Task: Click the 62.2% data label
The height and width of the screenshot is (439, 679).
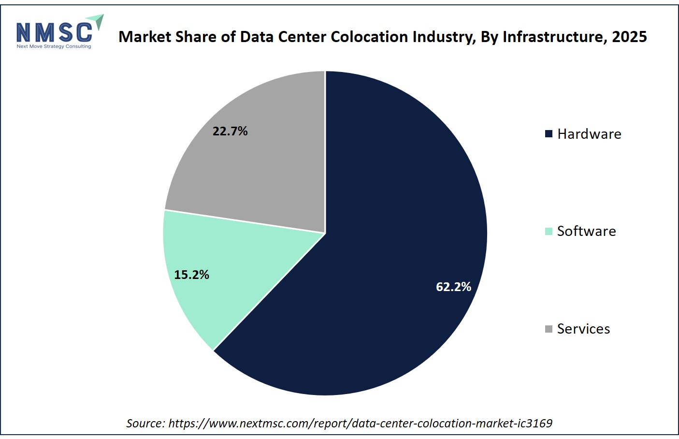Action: coord(453,287)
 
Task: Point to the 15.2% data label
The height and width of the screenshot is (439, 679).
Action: coord(191,275)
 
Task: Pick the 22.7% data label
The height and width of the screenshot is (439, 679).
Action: coord(230,131)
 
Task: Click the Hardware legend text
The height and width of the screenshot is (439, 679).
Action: coord(589,134)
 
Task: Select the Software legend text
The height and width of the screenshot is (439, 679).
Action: coord(587,231)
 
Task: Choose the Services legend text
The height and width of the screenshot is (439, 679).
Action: coord(583,329)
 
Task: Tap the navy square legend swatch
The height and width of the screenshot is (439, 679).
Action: coord(549,134)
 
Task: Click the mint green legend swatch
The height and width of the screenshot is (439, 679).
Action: coord(549,231)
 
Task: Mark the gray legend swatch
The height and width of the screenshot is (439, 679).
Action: coord(549,329)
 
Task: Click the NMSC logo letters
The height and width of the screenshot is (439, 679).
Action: coord(54,32)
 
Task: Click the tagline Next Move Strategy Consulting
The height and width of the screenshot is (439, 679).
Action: coord(54,46)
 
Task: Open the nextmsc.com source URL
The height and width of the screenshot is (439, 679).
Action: coord(361,423)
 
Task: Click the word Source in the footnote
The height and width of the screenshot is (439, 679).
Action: coord(145,423)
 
